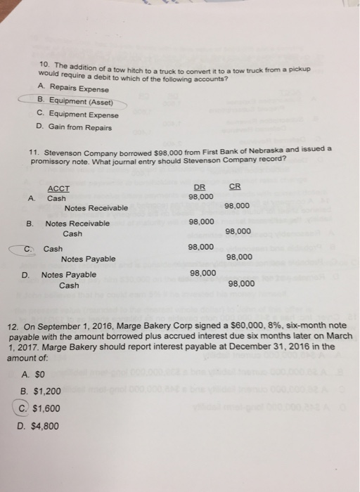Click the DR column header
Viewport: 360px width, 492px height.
coord(200,186)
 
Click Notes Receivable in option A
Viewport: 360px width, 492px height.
coord(96,208)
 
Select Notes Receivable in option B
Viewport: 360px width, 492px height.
coord(77,224)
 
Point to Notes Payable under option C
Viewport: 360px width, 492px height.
coord(88,259)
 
